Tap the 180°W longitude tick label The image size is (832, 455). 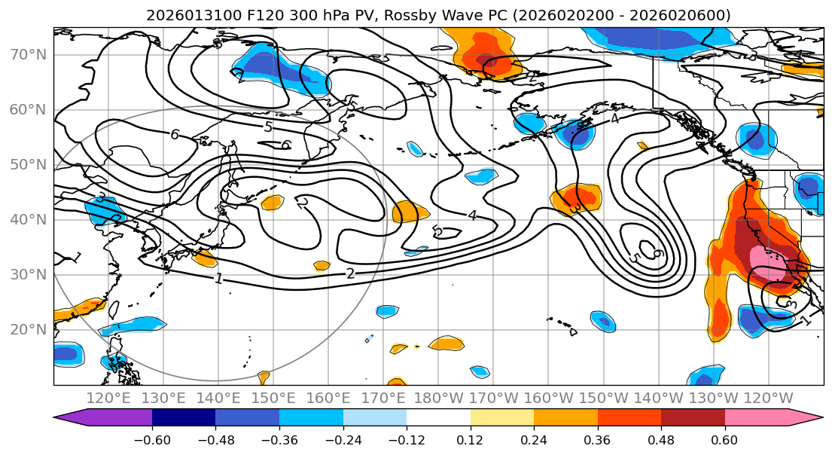(x=440, y=398)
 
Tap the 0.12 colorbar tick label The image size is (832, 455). (x=470, y=439)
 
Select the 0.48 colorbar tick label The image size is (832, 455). (x=661, y=439)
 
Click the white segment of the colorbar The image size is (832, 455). (x=438, y=417)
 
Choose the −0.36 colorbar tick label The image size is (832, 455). (x=279, y=439)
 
